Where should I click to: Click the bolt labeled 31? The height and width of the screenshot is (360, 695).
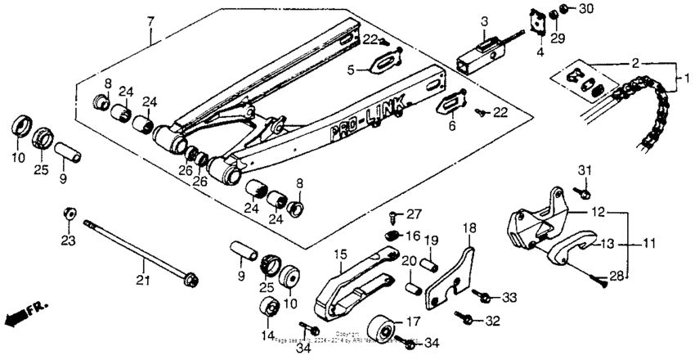coord(583,193)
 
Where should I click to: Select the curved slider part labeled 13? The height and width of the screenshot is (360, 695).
coord(565,245)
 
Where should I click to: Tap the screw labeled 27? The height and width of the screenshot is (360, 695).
coord(396,217)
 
